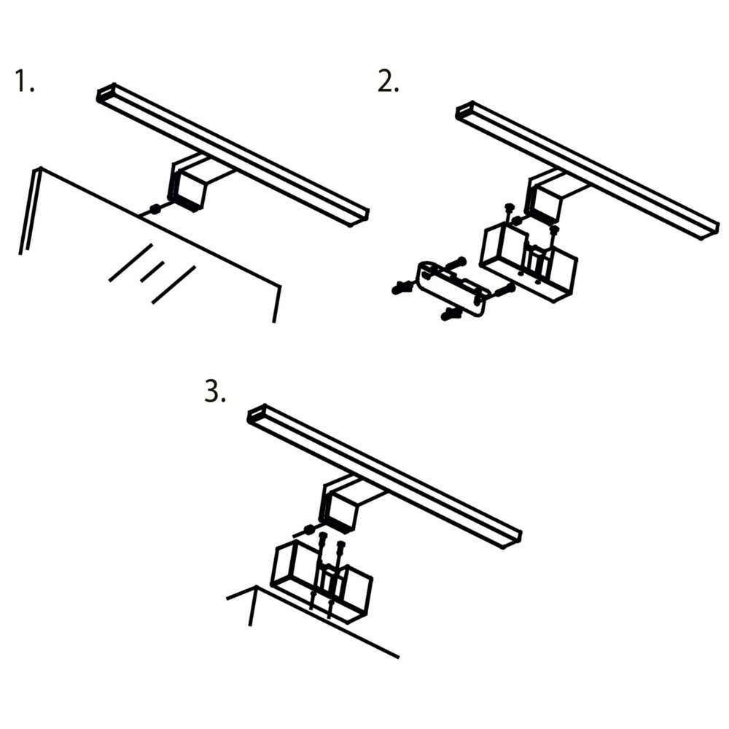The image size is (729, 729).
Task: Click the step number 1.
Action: tap(25, 80)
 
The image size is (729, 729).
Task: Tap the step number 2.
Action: tap(388, 82)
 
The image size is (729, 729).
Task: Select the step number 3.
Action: tap(215, 391)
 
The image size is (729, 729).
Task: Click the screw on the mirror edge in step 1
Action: tap(155, 210)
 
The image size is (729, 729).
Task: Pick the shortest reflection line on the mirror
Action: tap(152, 271)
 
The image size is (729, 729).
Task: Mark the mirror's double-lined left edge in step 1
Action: tap(29, 211)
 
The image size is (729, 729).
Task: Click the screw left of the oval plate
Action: tap(402, 288)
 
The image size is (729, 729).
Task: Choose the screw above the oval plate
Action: tap(456, 262)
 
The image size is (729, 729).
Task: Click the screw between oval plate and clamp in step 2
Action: tap(504, 291)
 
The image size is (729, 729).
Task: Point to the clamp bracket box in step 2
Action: tap(528, 262)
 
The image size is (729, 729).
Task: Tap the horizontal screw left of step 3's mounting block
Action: tap(308, 529)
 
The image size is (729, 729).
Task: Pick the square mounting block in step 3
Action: tap(338, 512)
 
